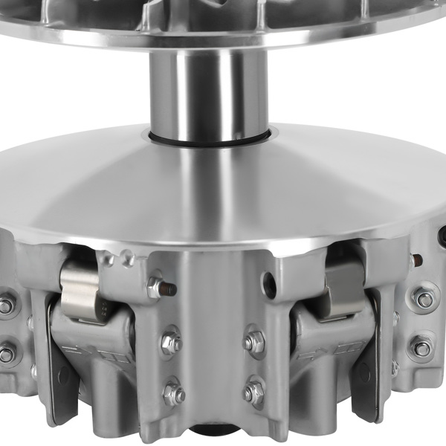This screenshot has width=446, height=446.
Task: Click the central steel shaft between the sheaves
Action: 210,93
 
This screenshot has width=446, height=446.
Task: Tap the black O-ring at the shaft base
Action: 210,139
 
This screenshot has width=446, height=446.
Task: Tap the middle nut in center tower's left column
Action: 171,342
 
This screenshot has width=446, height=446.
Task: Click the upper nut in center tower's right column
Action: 253,342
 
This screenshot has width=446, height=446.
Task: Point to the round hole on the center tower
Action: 269,283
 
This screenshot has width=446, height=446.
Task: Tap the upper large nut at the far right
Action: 423,299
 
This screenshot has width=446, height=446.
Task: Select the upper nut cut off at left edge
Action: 6,306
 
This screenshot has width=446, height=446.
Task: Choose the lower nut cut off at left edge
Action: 6,352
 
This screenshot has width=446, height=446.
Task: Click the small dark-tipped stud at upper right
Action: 417,260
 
